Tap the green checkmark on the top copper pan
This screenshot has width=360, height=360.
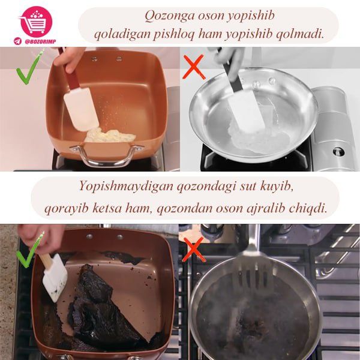pyautogui.click(x=28, y=73)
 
